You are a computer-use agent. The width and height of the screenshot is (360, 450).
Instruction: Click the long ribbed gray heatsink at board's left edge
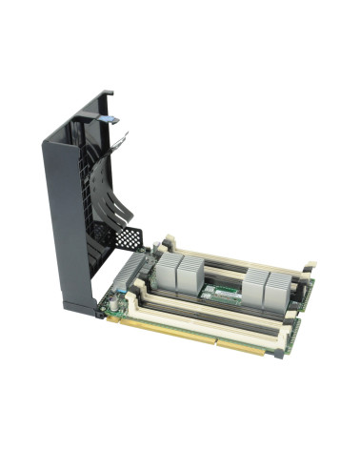[x=127, y=276]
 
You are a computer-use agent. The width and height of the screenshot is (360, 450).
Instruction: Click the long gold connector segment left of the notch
[x=162, y=330]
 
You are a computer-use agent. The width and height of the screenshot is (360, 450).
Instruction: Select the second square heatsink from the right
[x=257, y=283]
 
